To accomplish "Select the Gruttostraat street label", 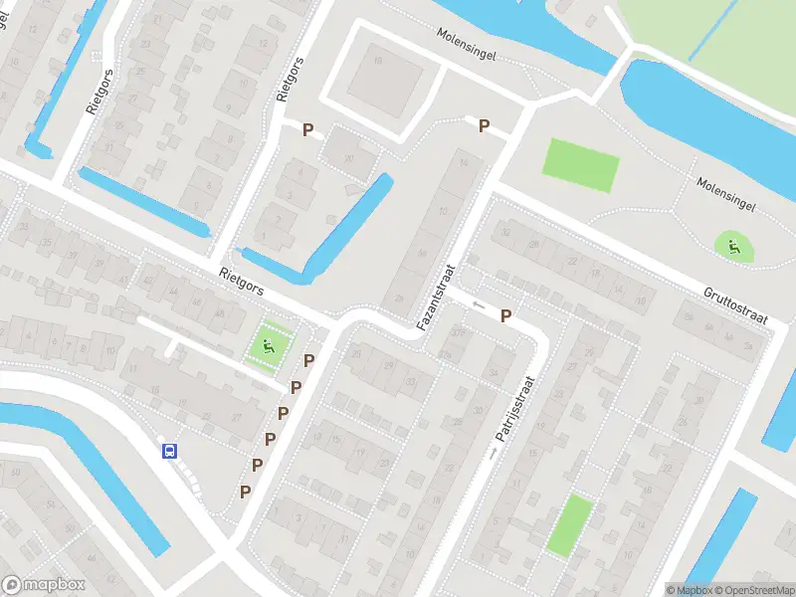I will point(736,305).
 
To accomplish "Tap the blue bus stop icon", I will point(170,451).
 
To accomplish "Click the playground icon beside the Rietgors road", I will point(268,345).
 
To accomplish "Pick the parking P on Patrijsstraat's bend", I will point(505,316).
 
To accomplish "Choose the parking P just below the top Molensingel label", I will point(484,126).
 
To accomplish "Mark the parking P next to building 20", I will point(307,129).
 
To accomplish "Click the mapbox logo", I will point(44,585).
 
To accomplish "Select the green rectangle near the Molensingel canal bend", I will point(581,165).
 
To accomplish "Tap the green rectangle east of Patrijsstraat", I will point(568,524).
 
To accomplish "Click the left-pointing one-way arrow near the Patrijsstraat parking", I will point(480,304).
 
